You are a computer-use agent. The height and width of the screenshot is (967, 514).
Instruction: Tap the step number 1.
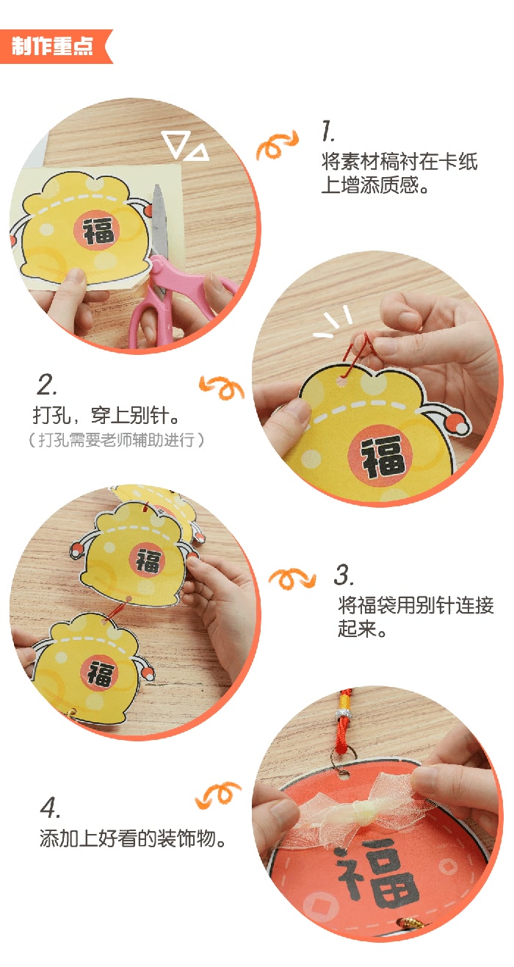click(x=328, y=131)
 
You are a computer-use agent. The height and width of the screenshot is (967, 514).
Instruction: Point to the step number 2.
click(x=46, y=384)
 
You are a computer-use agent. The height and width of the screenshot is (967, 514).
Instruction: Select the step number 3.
click(x=344, y=575)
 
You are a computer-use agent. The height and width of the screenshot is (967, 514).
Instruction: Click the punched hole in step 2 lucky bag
click(x=343, y=383)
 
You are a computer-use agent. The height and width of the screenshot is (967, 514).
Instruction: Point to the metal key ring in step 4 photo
click(x=341, y=759)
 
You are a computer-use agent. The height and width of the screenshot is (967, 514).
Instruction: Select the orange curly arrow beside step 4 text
click(x=217, y=794)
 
